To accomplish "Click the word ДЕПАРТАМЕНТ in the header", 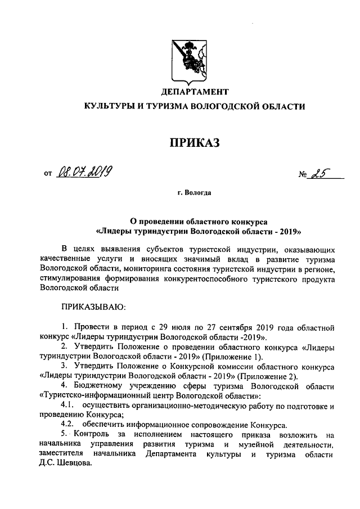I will pyautogui.click(x=195, y=91).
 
